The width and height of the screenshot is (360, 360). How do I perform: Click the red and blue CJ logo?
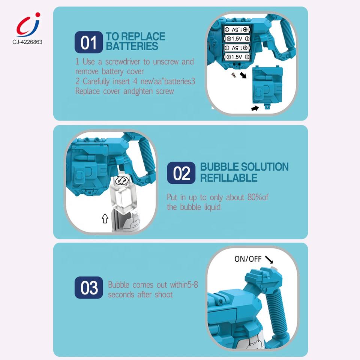coord(28,25)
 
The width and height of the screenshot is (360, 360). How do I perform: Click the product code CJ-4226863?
coord(27,42)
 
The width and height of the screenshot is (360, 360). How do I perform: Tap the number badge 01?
coord(88,42)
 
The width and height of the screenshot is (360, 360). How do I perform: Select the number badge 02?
coord(181,173)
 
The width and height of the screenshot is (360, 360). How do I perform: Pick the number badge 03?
coord(88,288)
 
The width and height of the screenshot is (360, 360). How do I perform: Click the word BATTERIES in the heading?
coord(132,46)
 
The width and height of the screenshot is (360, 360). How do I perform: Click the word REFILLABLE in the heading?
coord(229,178)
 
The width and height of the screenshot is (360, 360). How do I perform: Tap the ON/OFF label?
coord(248,259)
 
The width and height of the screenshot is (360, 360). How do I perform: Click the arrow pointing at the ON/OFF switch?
coord(269,259)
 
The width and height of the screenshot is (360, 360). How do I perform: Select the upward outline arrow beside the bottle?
coord(105,218)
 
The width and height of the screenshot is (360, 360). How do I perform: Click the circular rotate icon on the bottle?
coord(121,181)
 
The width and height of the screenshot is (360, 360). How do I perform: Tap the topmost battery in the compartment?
coord(236,29)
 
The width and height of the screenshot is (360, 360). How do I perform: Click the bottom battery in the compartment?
coord(237,57)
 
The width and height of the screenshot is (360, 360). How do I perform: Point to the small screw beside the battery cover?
coord(234,75)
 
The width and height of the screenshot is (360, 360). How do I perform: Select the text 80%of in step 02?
coord(258,197)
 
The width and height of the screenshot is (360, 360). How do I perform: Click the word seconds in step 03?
coord(121,295)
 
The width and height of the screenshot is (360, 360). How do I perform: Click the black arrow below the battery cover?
coord(255,108)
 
